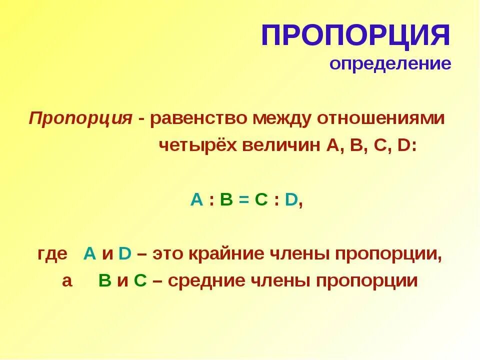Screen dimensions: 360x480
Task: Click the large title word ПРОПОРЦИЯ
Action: [355, 36]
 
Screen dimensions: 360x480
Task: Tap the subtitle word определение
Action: [390, 63]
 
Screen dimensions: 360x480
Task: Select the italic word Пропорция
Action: [80, 118]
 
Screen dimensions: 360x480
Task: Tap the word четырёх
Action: [198, 145]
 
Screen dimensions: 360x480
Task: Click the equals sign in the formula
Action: [243, 200]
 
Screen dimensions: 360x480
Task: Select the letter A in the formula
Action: [196, 200]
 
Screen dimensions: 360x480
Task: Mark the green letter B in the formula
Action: [226, 200]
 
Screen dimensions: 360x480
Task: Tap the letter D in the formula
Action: [291, 200]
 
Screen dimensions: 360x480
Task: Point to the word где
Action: [52, 254]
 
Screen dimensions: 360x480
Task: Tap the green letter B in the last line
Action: [104, 281]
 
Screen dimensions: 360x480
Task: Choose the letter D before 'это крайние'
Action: [124, 254]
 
